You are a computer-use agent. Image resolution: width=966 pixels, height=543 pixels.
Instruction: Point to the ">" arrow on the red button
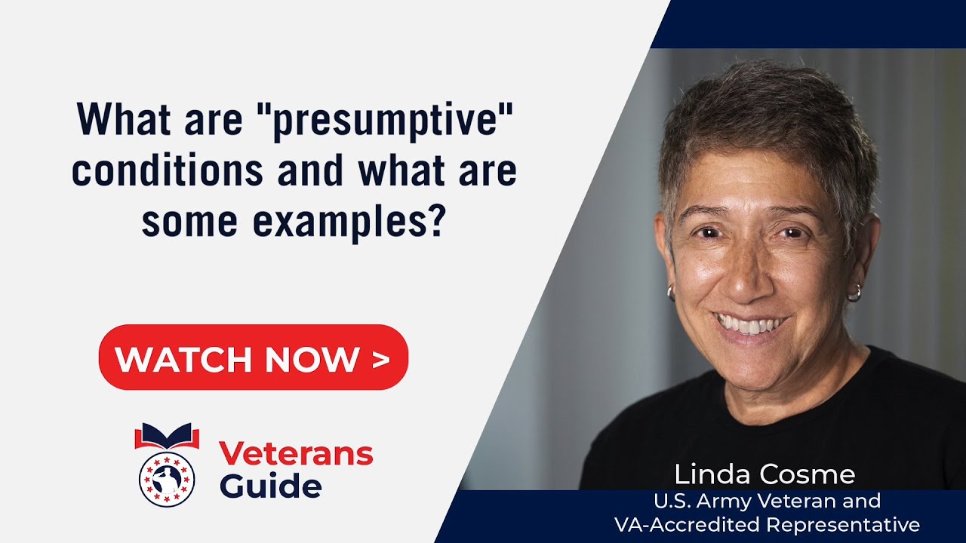click(x=381, y=359)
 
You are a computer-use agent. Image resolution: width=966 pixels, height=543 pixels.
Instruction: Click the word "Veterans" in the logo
click(x=296, y=454)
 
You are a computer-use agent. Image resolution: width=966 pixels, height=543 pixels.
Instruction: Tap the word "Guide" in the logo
click(x=270, y=486)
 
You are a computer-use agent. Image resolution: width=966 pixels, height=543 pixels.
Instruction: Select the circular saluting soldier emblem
click(x=167, y=478)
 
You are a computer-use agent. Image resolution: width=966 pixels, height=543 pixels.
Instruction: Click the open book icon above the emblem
click(x=167, y=436)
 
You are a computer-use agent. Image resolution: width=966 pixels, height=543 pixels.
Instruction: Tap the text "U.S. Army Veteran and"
click(x=767, y=500)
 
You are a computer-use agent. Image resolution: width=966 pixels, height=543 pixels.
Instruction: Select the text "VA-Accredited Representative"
click(x=767, y=524)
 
